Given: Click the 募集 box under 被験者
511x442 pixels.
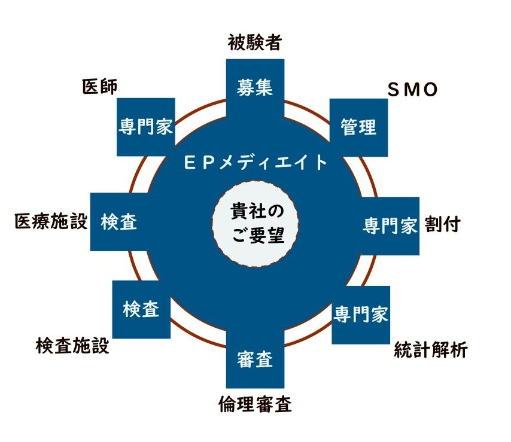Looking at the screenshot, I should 255,87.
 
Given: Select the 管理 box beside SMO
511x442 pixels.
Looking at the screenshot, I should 358,127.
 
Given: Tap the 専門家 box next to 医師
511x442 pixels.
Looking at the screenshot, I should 146,127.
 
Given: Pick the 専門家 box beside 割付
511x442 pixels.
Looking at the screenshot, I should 390,225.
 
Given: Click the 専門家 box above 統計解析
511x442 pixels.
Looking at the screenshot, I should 361,314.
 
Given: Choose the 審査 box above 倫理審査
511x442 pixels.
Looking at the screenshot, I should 255,359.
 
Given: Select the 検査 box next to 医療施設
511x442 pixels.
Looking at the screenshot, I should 119,222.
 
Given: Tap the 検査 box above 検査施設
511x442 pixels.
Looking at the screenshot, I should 141,309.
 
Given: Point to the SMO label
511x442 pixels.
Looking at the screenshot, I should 413,90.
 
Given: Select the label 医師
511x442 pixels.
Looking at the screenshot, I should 99,86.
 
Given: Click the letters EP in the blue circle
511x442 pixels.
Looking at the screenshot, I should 198,162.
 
